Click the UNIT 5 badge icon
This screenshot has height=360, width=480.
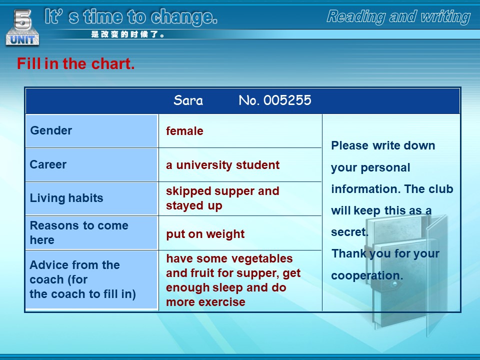click(x=22, y=27)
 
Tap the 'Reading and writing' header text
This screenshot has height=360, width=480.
click(x=398, y=17)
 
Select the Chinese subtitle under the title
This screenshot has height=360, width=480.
click(x=127, y=34)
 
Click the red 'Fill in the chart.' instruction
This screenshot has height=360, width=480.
click(x=75, y=63)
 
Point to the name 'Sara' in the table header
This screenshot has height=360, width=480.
click(x=188, y=100)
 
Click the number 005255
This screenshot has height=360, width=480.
click(x=287, y=100)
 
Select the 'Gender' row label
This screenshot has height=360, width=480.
click(x=51, y=130)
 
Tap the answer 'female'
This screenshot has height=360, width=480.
click(x=184, y=131)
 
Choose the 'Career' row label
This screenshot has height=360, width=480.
click(x=48, y=164)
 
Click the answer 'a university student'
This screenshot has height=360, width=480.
click(x=222, y=165)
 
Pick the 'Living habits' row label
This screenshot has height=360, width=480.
click(x=66, y=198)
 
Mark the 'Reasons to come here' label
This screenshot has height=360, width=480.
click(x=79, y=232)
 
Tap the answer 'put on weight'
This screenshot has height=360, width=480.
click(x=205, y=234)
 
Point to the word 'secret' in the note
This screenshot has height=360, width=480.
click(x=348, y=232)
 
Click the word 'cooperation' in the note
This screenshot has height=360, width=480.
click(x=365, y=275)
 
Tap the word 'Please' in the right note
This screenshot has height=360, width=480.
click(x=349, y=145)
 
